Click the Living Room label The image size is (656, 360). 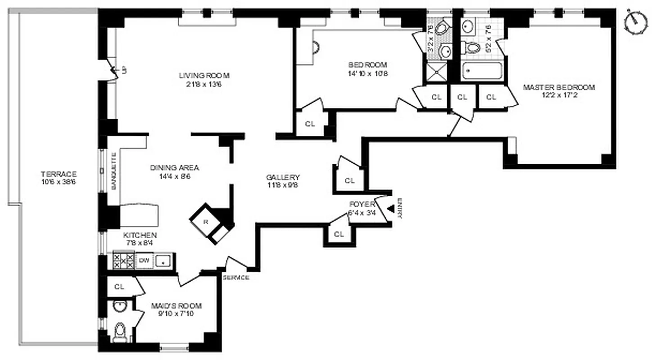(x=198, y=75)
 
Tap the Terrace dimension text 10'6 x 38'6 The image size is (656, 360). (x=59, y=182)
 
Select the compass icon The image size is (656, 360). (x=636, y=21)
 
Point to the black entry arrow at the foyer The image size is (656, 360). (x=391, y=208)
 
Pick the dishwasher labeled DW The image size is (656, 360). (x=144, y=260)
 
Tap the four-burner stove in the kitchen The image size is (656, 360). (x=123, y=261)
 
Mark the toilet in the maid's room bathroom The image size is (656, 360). (x=120, y=332)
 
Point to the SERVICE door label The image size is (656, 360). (x=236, y=278)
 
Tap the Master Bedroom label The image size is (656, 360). (x=559, y=87)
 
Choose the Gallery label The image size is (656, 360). (x=282, y=177)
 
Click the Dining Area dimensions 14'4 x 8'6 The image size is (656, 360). (x=174, y=177)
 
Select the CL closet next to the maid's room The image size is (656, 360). (x=119, y=287)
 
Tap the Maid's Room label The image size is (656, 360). (x=176, y=306)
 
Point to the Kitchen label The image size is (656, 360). (x=140, y=235)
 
